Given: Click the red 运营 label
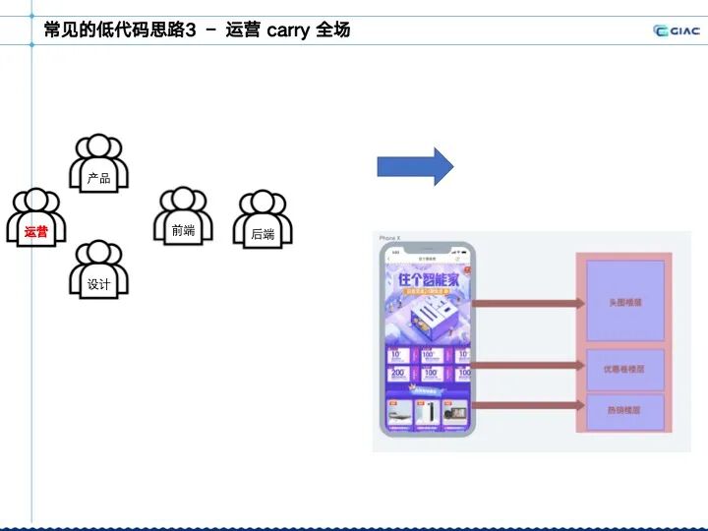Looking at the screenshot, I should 36,232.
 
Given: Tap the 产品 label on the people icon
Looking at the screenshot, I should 98,178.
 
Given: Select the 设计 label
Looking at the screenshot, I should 98,285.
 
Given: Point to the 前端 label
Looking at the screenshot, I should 183,231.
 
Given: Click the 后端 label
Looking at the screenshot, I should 263,234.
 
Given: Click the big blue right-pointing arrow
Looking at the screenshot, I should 415,166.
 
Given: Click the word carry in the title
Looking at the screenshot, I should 288,29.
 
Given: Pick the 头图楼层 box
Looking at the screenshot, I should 625,302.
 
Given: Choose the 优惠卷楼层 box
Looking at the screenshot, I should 625,369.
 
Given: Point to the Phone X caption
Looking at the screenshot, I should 390,238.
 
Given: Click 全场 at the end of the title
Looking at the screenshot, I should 332,29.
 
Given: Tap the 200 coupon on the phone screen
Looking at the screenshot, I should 400,373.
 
